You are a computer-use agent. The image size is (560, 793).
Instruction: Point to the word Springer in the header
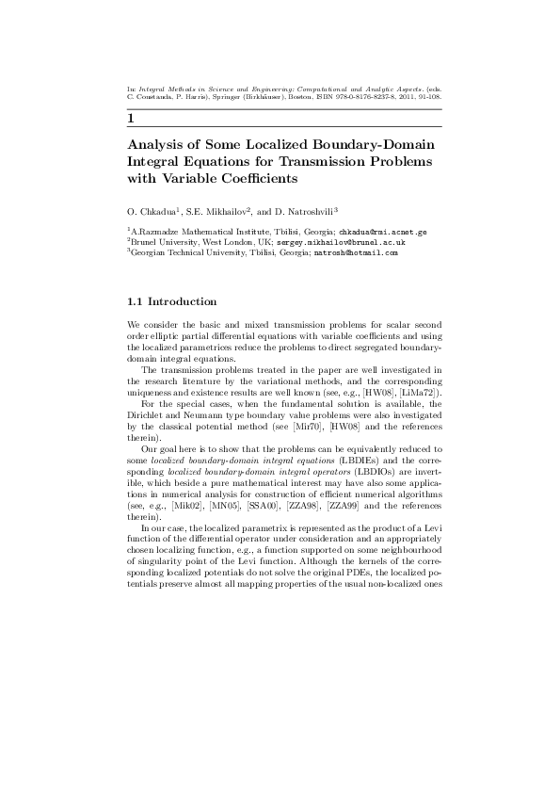pos(219,96)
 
